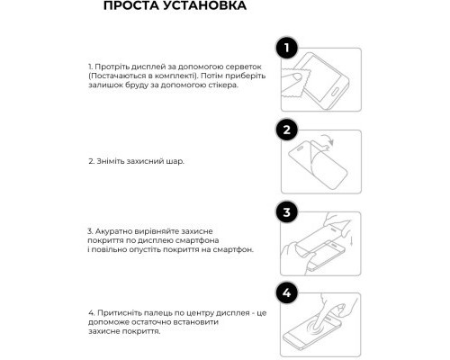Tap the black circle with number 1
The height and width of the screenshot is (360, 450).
pyautogui.click(x=287, y=49)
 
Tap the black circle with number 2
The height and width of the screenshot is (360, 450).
pyautogui.click(x=287, y=130)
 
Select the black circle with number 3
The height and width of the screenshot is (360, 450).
pyautogui.click(x=287, y=213)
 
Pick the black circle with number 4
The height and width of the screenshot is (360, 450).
pyautogui.click(x=287, y=294)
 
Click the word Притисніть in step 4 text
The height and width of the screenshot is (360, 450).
pyautogui.click(x=119, y=312)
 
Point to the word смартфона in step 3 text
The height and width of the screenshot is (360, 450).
pyautogui.click(x=217, y=240)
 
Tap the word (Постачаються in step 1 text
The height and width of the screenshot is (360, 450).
pyautogui.click(x=115, y=77)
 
